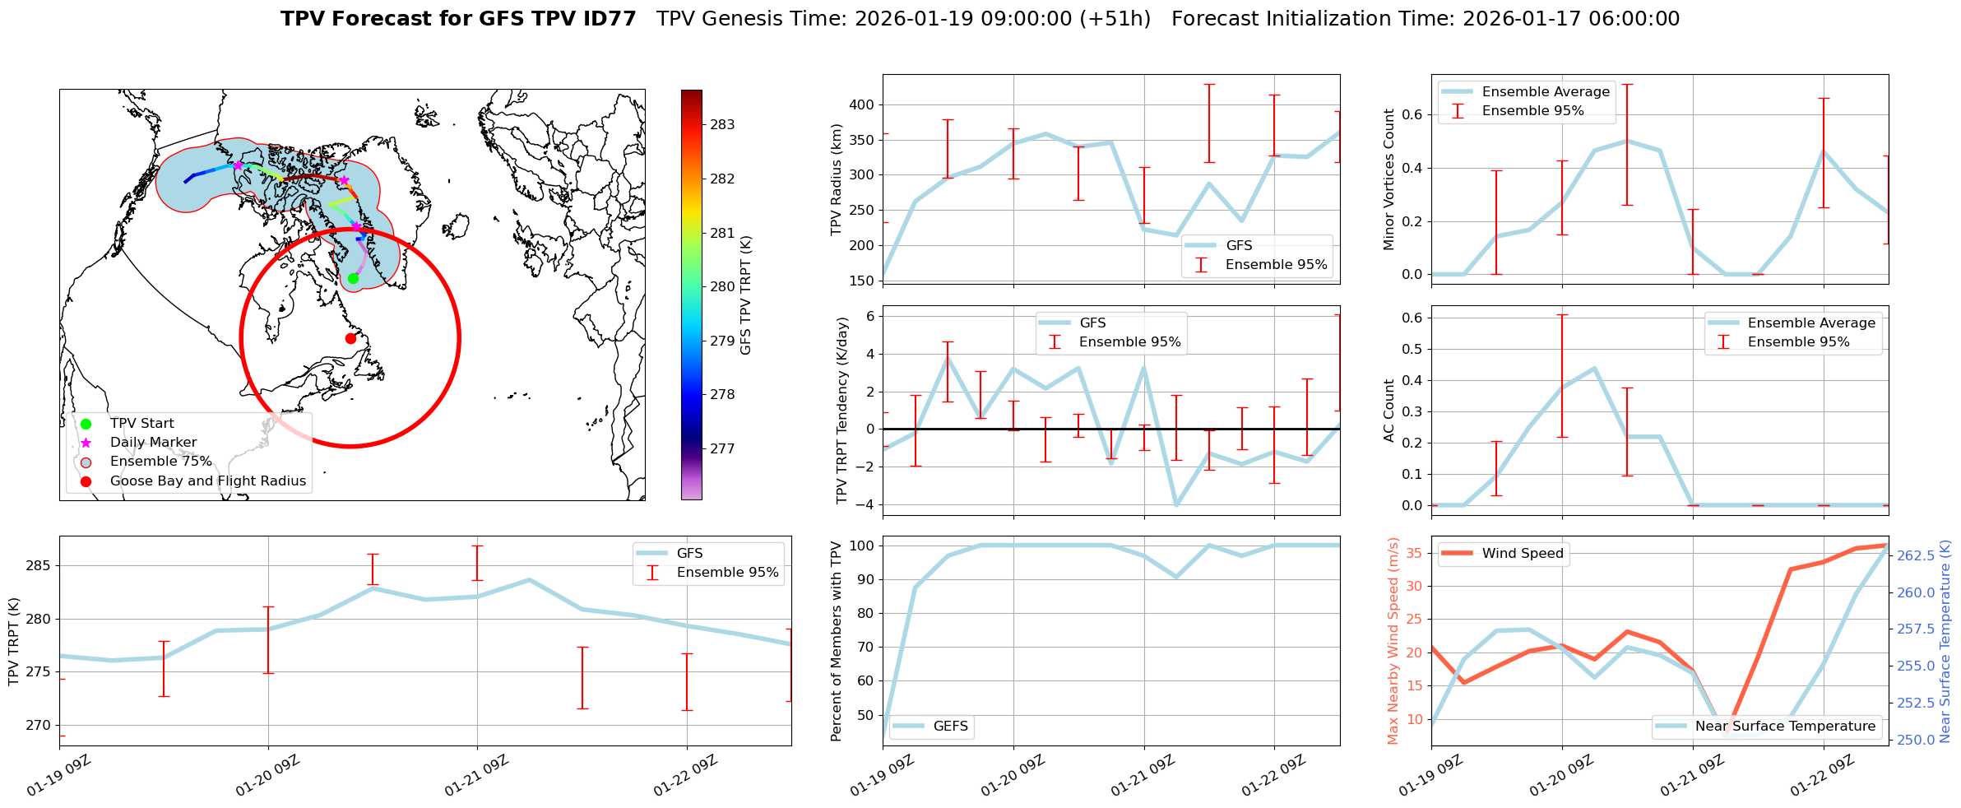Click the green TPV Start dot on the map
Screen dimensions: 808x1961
pyautogui.click(x=353, y=278)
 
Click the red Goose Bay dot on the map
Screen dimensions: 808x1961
pyautogui.click(x=350, y=338)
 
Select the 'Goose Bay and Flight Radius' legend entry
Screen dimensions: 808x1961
pyautogui.click(x=207, y=481)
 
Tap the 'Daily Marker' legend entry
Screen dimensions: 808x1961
pyautogui.click(x=153, y=443)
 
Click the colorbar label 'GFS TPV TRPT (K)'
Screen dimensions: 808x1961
pyautogui.click(x=746, y=295)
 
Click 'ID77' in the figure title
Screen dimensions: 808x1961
pyautogui.click(x=609, y=19)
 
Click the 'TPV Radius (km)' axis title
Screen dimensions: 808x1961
pyautogui.click(x=837, y=179)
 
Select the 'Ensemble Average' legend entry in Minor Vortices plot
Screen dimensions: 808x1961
pyautogui.click(x=1546, y=92)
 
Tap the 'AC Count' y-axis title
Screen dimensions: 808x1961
pyautogui.click(x=1389, y=411)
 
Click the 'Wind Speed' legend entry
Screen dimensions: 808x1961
pyautogui.click(x=1523, y=554)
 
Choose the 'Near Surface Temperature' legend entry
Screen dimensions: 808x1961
pyautogui.click(x=1785, y=727)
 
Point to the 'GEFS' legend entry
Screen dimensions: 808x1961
pyautogui.click(x=950, y=727)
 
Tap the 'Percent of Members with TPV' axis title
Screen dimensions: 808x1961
pyautogui.click(x=837, y=641)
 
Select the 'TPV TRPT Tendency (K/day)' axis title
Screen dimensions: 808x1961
pyautogui.click(x=841, y=411)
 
